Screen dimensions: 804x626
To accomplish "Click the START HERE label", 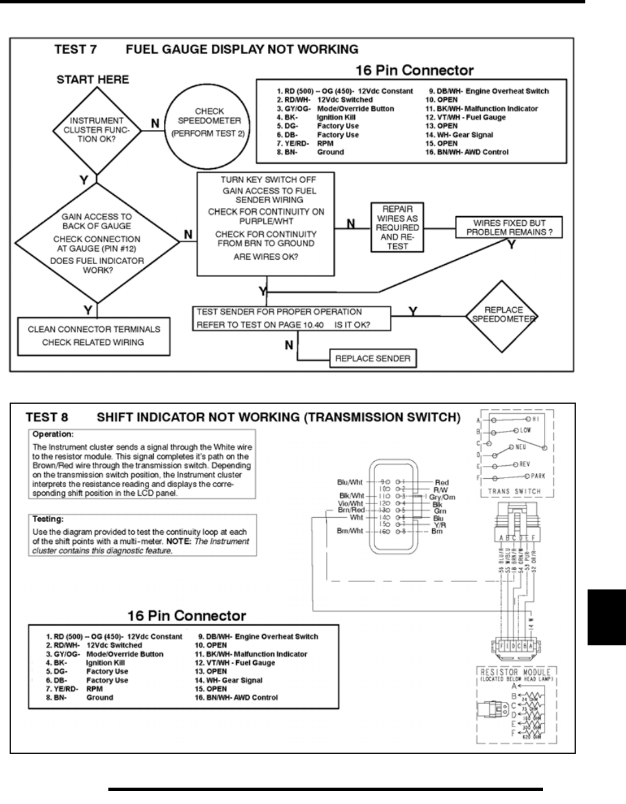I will pyautogui.click(x=93, y=80).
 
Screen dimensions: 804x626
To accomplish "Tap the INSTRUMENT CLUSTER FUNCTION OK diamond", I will pyautogui.click(x=97, y=130).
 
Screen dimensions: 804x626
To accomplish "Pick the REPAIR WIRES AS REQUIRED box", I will pyautogui.click(x=397, y=228).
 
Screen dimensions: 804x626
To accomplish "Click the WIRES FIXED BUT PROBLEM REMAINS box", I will pyautogui.click(x=509, y=228).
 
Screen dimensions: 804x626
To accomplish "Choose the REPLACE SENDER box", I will pyautogui.click(x=372, y=359).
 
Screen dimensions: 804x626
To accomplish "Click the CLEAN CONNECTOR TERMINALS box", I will pyautogui.click(x=94, y=336).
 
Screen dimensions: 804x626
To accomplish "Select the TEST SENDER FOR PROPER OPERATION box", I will pyautogui.click(x=291, y=318).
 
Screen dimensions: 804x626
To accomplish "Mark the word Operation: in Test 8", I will pyautogui.click(x=53, y=435).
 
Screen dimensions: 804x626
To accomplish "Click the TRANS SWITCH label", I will pyautogui.click(x=514, y=491).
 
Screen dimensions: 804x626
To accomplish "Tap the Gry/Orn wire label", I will pyautogui.click(x=442, y=497).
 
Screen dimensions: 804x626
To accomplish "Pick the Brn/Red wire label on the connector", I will pyautogui.click(x=351, y=510).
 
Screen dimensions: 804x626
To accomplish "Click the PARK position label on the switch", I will pyautogui.click(x=537, y=476).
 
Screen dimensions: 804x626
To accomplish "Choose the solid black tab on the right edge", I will pyautogui.click(x=606, y=617).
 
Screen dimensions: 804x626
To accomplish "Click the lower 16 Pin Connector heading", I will pyautogui.click(x=186, y=615).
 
